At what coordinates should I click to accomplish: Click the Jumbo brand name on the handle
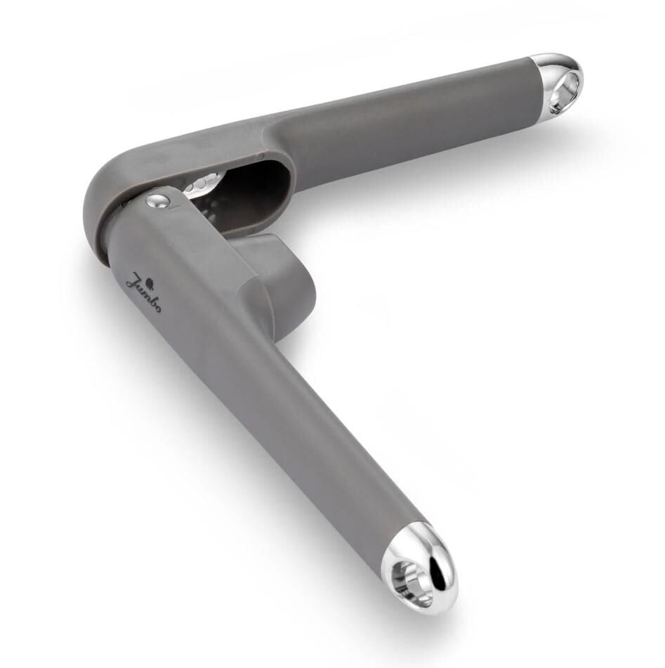[x=143, y=293]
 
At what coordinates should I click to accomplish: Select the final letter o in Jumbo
[x=157, y=309]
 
